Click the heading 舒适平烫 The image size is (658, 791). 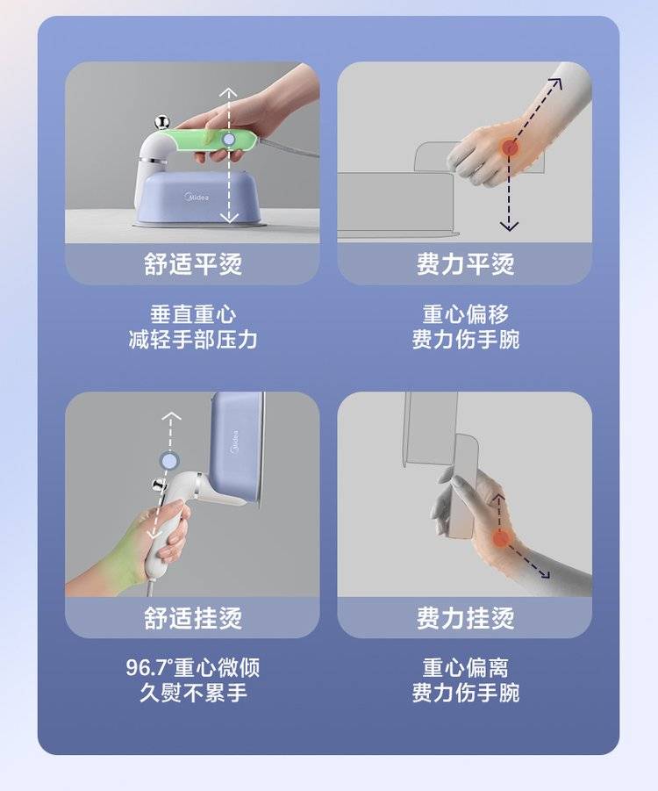point(193,264)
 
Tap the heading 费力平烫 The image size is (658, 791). point(465,264)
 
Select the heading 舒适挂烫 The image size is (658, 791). point(193,618)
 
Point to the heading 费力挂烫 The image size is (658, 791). point(465,618)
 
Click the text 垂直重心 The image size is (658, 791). point(193,314)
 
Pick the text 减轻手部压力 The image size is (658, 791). point(193,340)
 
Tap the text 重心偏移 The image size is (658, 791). point(465,314)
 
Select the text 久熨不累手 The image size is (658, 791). point(193,693)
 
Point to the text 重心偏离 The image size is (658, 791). point(465,668)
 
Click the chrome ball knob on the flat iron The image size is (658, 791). point(162,123)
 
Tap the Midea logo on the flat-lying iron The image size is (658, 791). point(197,197)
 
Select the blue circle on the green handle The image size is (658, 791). point(228,140)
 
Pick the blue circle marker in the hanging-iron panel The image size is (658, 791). point(169,461)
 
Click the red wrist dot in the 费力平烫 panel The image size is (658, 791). point(511,147)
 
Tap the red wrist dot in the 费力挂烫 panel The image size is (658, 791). point(501,539)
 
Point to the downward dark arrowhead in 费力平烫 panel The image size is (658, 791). point(509,225)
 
